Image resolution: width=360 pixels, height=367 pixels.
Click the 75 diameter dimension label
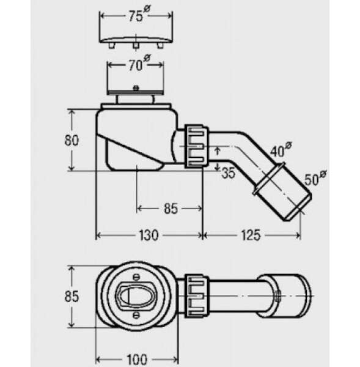[140, 14]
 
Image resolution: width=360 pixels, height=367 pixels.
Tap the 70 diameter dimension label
[139, 63]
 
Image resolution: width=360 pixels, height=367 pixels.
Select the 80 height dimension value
[72, 141]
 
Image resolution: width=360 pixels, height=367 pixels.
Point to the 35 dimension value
[228, 173]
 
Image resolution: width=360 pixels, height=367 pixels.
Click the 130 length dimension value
[149, 235]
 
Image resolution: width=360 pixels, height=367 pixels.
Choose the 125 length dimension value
[251, 235]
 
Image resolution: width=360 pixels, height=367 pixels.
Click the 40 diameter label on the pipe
[281, 150]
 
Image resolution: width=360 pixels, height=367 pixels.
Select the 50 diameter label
[315, 178]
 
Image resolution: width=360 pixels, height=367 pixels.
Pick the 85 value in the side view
[171, 209]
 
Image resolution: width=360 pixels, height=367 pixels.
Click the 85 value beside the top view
[72, 296]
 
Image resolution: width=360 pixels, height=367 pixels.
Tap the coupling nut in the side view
[196, 146]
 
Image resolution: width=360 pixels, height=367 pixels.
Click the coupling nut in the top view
[196, 296]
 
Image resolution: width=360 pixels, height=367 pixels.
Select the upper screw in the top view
[136, 277]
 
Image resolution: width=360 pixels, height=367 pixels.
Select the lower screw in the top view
[136, 315]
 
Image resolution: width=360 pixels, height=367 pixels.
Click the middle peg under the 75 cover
[136, 46]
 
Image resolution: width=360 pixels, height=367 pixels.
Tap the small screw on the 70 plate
[136, 88]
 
